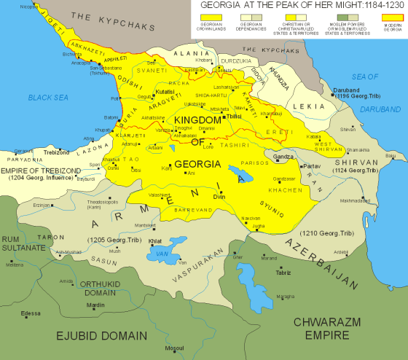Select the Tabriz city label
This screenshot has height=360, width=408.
click(x=283, y=273)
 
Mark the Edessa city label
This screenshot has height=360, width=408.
click(x=31, y=313)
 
